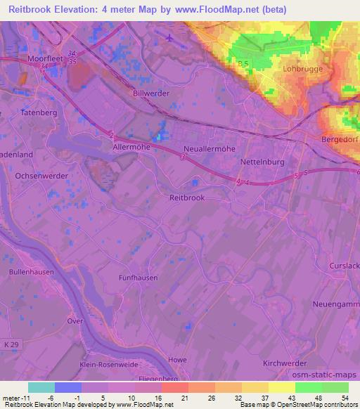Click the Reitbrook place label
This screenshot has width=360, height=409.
[187, 197]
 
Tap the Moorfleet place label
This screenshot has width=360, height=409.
[46, 60]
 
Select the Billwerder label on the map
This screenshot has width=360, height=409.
[150, 92]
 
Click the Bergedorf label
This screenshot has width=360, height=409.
[340, 141]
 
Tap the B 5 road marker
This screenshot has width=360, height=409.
[243, 64]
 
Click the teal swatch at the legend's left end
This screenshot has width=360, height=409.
[41, 387]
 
